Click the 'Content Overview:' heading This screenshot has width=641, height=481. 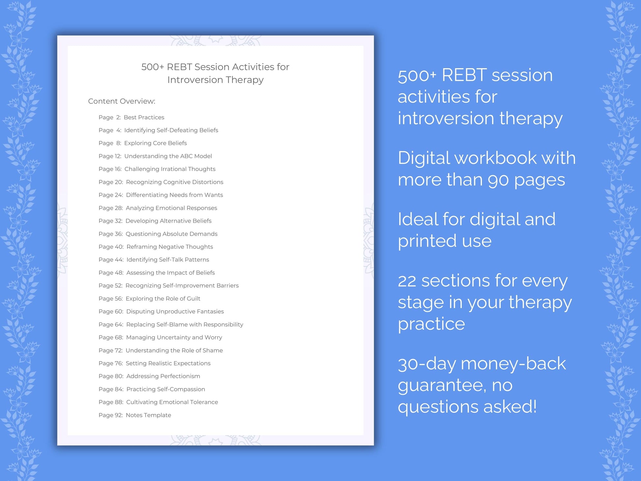(122, 101)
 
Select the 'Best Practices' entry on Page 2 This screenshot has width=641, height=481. (144, 117)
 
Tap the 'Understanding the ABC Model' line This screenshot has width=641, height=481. (168, 156)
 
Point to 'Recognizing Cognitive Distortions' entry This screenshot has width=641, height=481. (174, 182)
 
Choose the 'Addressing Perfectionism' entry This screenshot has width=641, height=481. (163, 376)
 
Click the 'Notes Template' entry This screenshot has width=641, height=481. (148, 415)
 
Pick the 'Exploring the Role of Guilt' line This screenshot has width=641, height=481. (163, 298)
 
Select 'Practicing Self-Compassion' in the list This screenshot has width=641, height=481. (165, 389)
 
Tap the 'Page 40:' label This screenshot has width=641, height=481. (111, 247)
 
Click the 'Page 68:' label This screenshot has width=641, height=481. (111, 337)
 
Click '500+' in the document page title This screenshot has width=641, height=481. (153, 67)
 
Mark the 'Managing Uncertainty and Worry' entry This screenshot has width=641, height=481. (174, 337)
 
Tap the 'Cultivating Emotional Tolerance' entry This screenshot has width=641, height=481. (172, 402)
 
